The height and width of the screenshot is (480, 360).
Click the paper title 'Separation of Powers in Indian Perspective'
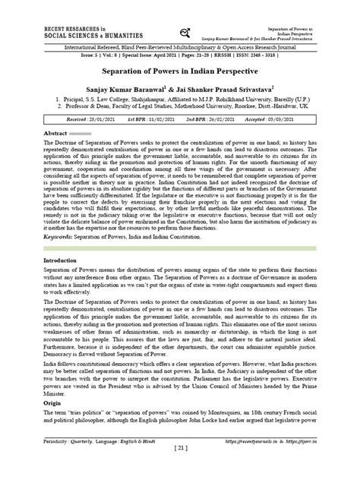(179, 68)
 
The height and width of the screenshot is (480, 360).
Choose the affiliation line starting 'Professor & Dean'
(183, 107)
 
